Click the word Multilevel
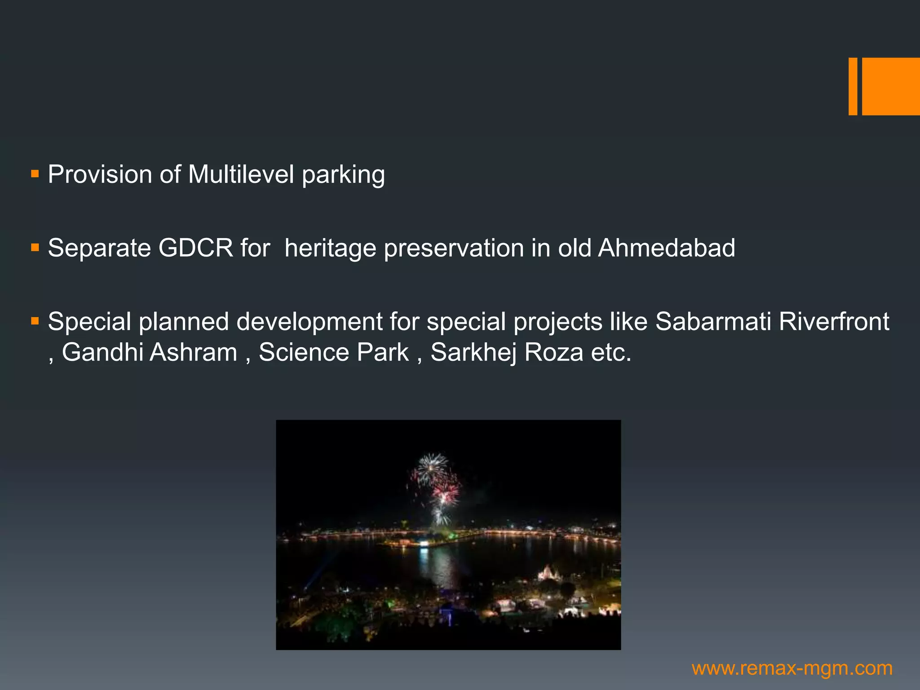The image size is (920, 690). click(241, 174)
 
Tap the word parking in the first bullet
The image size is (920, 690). click(343, 175)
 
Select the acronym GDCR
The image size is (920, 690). click(196, 248)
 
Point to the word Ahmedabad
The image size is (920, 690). click(666, 248)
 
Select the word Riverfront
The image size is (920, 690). click(834, 322)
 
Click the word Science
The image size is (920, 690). click(304, 352)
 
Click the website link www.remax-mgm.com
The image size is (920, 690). click(792, 668)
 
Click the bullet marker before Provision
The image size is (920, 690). click(35, 173)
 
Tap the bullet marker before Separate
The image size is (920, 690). click(35, 247)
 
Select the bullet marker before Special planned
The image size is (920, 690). click(35, 321)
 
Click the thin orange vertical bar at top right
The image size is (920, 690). click(853, 86)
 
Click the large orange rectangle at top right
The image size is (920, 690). click(891, 86)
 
